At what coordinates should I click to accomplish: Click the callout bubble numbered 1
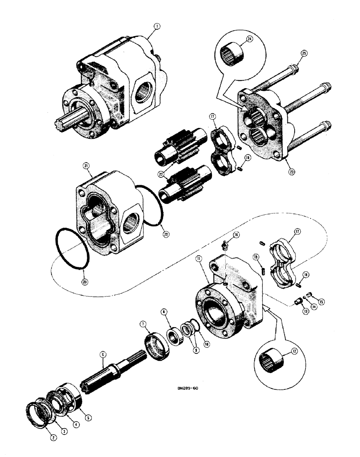tap(156, 27)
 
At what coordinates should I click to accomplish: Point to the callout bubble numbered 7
tap(144, 324)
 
